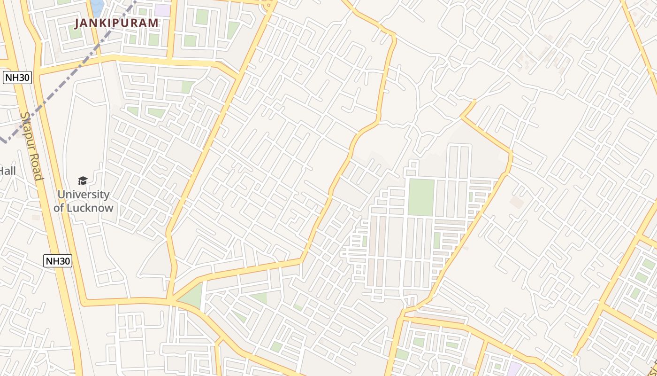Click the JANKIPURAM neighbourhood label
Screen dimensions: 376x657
117,23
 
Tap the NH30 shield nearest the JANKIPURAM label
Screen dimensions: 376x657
17,78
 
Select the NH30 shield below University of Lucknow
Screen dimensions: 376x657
58,261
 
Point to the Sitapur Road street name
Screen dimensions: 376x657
31,146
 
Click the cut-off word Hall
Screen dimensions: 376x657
8,171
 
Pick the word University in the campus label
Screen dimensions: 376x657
84,195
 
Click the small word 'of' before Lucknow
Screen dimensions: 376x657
60,208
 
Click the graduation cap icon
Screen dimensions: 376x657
83,181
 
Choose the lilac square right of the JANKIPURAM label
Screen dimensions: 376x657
162,10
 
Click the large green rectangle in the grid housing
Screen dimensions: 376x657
421,197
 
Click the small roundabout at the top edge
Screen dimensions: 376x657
269,5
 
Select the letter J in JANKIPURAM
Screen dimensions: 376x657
78,23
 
